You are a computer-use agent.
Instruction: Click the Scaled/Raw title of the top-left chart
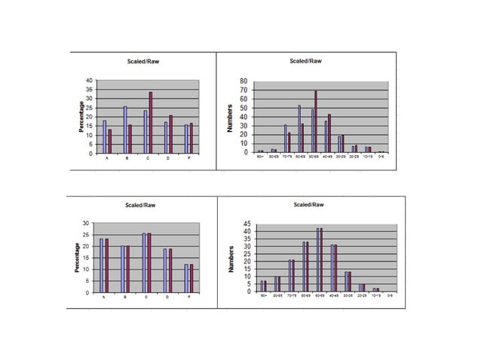[x=143, y=61]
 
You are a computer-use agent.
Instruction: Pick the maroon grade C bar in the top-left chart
[x=151, y=123]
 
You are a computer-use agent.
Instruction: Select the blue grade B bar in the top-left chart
[x=125, y=130]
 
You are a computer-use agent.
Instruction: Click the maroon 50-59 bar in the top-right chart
[x=316, y=121]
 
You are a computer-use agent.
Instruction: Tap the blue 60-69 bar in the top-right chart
[x=299, y=129]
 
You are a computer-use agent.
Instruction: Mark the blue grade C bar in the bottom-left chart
[x=144, y=263]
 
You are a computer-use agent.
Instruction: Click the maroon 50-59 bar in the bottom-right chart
[x=321, y=260]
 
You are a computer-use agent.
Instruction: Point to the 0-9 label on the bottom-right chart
[x=389, y=297]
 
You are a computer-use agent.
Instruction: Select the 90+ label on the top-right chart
[x=261, y=157]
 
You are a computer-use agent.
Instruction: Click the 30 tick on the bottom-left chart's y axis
[x=86, y=224]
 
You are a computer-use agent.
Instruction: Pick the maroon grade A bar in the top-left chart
[x=109, y=141]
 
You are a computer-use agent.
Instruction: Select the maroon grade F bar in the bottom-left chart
[x=191, y=278]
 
